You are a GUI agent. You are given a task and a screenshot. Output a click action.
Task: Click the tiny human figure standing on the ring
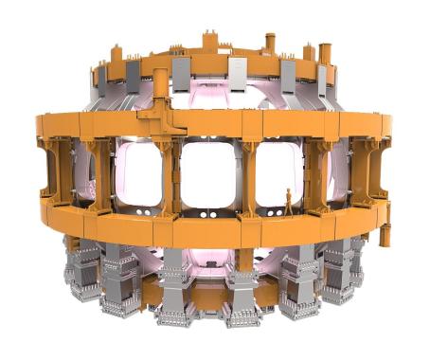click(289, 201)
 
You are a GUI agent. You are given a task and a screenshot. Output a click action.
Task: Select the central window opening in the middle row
click(209, 174)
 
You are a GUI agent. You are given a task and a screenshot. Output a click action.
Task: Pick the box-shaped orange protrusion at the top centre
click(209, 43)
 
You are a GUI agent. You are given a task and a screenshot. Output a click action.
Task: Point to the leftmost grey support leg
click(82, 270)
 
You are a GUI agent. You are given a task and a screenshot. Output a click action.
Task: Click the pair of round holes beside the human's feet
click(276, 209)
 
